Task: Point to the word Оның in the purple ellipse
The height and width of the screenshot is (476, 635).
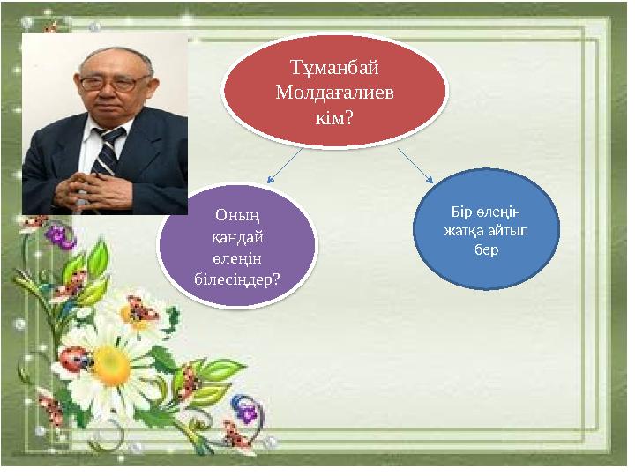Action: (x=235, y=214)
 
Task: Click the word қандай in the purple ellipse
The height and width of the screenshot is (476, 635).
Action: (x=235, y=236)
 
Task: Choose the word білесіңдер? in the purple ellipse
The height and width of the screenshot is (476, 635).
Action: (x=236, y=279)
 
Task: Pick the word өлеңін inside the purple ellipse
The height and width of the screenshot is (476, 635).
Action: (x=235, y=257)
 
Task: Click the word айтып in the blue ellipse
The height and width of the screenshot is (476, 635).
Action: (x=510, y=232)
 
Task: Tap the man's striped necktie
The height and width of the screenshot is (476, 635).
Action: (x=108, y=151)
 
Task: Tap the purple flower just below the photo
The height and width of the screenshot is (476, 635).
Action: (x=59, y=234)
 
